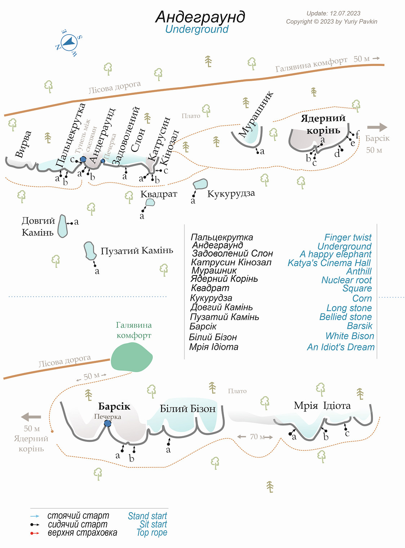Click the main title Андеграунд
(200, 17)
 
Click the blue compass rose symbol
(70, 43)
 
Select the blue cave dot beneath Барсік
(107, 423)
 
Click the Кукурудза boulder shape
(200, 184)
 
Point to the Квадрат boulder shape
(150, 202)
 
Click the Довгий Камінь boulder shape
(63, 226)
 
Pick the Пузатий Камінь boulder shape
(90, 251)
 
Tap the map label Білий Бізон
(188, 409)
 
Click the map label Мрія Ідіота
(322, 406)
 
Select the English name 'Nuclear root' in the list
(346, 280)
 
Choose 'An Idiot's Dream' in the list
(341, 347)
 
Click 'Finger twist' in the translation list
(348, 237)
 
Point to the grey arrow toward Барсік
(377, 127)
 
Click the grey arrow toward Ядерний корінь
(31, 417)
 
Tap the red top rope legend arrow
(35, 533)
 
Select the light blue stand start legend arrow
(35, 516)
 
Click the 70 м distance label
(257, 437)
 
